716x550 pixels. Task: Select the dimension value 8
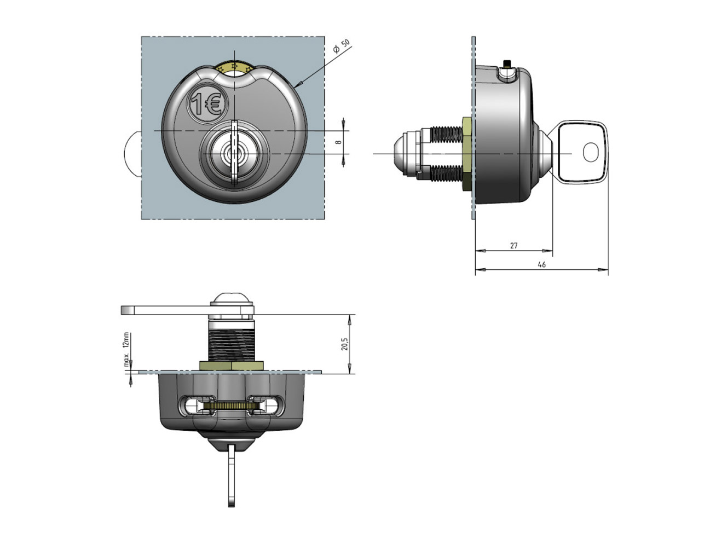[338, 142]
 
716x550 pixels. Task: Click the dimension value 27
[513, 245]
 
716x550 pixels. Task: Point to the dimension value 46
[542, 264]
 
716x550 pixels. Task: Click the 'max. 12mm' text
[126, 350]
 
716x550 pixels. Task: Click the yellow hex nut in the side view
[467, 154]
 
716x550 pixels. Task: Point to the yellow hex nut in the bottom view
[232, 366]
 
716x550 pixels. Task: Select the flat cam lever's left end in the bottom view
[128, 310]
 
